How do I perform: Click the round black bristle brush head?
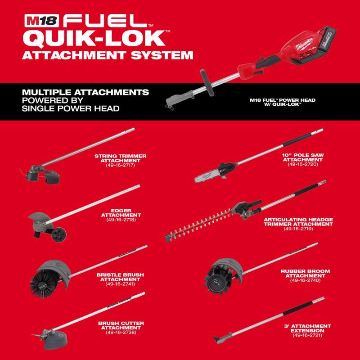(x=45, y=275)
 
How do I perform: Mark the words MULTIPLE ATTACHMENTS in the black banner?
(x=85, y=92)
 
